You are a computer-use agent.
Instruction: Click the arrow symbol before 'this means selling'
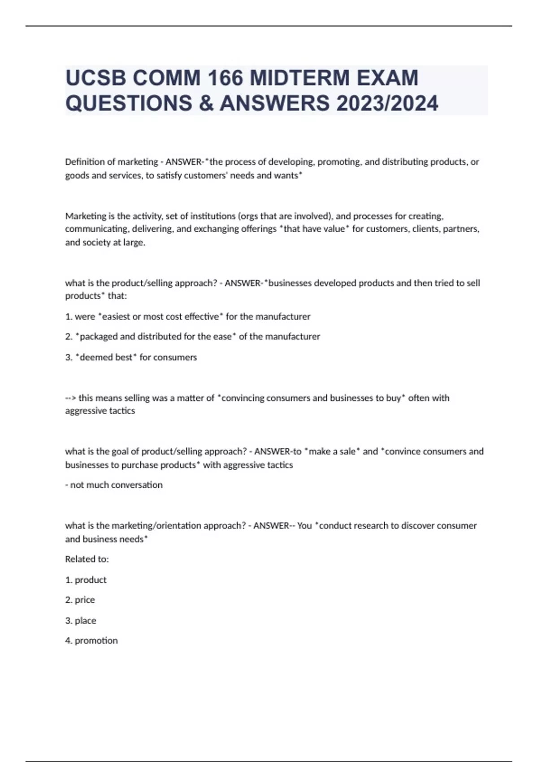click(71, 398)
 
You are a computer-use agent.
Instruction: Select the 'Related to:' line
click(87, 559)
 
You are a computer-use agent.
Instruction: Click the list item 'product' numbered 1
click(91, 580)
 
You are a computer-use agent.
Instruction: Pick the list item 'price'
click(85, 600)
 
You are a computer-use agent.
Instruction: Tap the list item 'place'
click(85, 621)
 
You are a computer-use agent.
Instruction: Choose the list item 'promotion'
click(96, 641)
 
